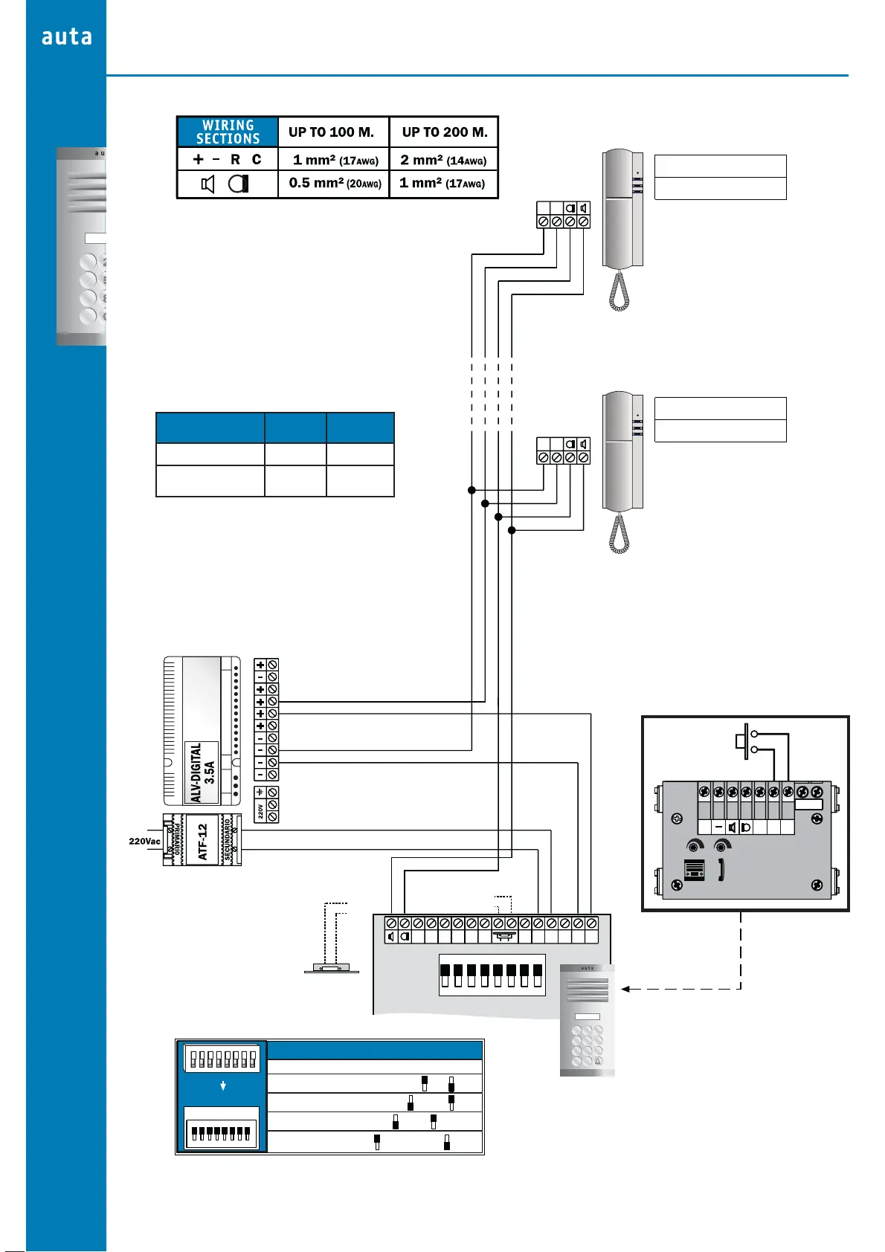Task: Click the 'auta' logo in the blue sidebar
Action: (x=67, y=36)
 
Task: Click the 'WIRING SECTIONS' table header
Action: (x=228, y=132)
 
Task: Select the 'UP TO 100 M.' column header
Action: (x=331, y=132)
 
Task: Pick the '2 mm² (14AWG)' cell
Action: (x=443, y=160)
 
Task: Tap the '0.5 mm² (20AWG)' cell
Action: (x=335, y=183)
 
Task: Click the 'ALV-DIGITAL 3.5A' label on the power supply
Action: (x=202, y=772)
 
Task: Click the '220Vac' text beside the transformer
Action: (x=144, y=842)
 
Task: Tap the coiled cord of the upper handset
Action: (x=619, y=291)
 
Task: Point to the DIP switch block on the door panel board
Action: (x=492, y=975)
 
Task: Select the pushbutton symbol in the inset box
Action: (x=744, y=741)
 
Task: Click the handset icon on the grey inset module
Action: (x=721, y=870)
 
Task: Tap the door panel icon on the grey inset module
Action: (x=694, y=871)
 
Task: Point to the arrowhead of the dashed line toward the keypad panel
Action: (x=626, y=989)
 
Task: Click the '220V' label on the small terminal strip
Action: (x=260, y=810)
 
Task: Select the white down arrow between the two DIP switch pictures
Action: (x=223, y=1085)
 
